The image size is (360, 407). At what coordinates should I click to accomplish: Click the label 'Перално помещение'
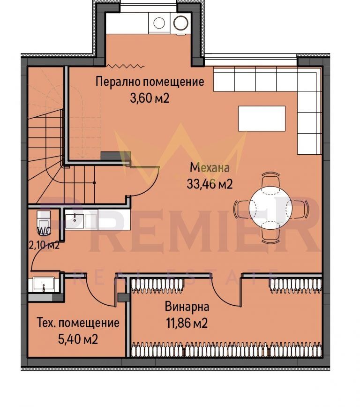[x=150, y=82]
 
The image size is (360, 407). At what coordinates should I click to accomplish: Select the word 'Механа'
[x=210, y=167]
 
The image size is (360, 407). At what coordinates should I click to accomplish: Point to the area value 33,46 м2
[x=210, y=184]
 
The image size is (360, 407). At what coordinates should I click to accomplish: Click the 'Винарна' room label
[x=187, y=307]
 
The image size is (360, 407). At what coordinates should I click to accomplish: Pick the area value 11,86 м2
[x=187, y=323]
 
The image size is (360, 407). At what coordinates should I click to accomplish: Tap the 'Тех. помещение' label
[x=78, y=323]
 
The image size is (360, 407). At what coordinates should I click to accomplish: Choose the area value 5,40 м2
[x=78, y=339]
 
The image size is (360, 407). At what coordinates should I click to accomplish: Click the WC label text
[x=44, y=231]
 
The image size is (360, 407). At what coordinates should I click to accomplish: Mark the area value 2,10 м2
[x=44, y=245]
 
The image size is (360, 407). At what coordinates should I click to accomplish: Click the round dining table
[x=270, y=207]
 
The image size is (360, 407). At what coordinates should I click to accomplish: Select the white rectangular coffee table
[x=262, y=118]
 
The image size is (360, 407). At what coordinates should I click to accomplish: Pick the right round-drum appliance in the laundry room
[x=180, y=22]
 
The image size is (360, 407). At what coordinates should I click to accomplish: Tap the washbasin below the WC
[x=43, y=284]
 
